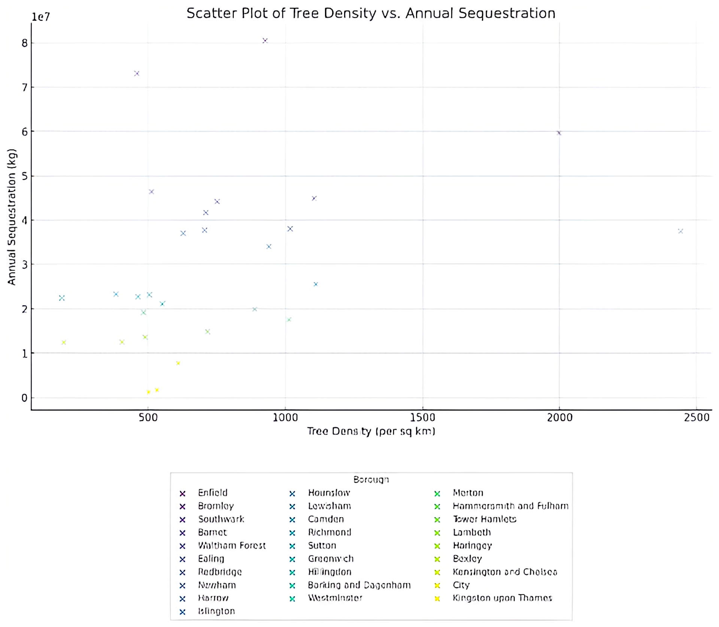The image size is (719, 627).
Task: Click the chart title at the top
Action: point(371,13)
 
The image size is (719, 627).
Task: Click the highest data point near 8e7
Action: point(265,40)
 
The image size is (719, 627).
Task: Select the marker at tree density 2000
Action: point(559,133)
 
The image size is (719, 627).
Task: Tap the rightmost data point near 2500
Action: point(680,231)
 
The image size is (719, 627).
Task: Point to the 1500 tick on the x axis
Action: point(422,417)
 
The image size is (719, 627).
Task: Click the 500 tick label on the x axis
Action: point(148,417)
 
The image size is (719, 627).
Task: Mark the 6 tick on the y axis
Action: point(25,132)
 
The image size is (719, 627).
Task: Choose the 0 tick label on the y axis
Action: point(25,398)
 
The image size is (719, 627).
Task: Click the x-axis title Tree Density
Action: point(371,431)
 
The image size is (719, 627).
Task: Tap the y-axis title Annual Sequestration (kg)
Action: point(12,217)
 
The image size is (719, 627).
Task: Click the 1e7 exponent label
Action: point(40,17)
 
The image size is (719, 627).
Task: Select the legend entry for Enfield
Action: point(212,493)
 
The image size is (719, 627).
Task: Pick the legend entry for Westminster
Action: point(335,598)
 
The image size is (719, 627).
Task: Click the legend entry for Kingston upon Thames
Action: point(502,598)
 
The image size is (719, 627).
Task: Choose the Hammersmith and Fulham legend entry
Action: point(510,506)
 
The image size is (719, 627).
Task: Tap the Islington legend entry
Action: point(216,611)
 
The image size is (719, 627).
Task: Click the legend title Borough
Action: point(371,479)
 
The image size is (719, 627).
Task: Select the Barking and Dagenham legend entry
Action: point(359,585)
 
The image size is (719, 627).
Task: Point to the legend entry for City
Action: point(461,585)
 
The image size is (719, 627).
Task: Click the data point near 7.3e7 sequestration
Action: point(137,73)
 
